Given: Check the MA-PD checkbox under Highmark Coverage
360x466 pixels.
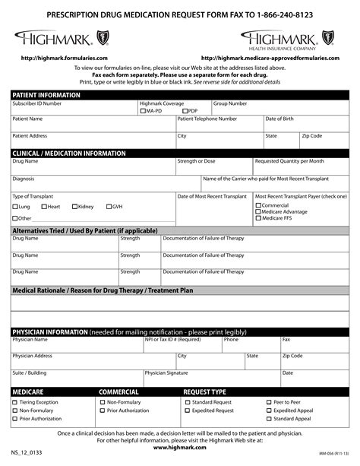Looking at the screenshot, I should point(143,111).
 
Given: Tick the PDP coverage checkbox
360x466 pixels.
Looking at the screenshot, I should point(185,111).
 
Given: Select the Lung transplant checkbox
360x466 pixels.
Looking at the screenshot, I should point(15,207).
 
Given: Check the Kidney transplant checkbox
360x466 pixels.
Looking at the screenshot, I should point(74,207).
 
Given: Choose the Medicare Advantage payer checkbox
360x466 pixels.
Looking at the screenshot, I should point(258,212).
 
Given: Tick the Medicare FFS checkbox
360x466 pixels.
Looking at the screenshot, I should point(258,218).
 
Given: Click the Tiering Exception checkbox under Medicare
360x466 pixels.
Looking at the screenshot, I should point(15,402).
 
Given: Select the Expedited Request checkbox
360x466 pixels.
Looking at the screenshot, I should point(187,411).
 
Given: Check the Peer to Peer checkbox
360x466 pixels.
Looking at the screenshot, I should point(269,402).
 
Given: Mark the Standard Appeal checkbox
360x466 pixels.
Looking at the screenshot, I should point(269,419).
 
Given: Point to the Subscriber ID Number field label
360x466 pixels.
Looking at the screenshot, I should point(37,103).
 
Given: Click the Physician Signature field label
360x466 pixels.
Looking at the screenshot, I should point(166,372).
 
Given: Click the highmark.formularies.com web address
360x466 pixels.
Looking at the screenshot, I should point(65,58).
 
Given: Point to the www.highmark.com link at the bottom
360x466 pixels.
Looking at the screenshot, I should point(180,447).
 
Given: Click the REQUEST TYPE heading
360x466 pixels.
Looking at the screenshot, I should point(205,392).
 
